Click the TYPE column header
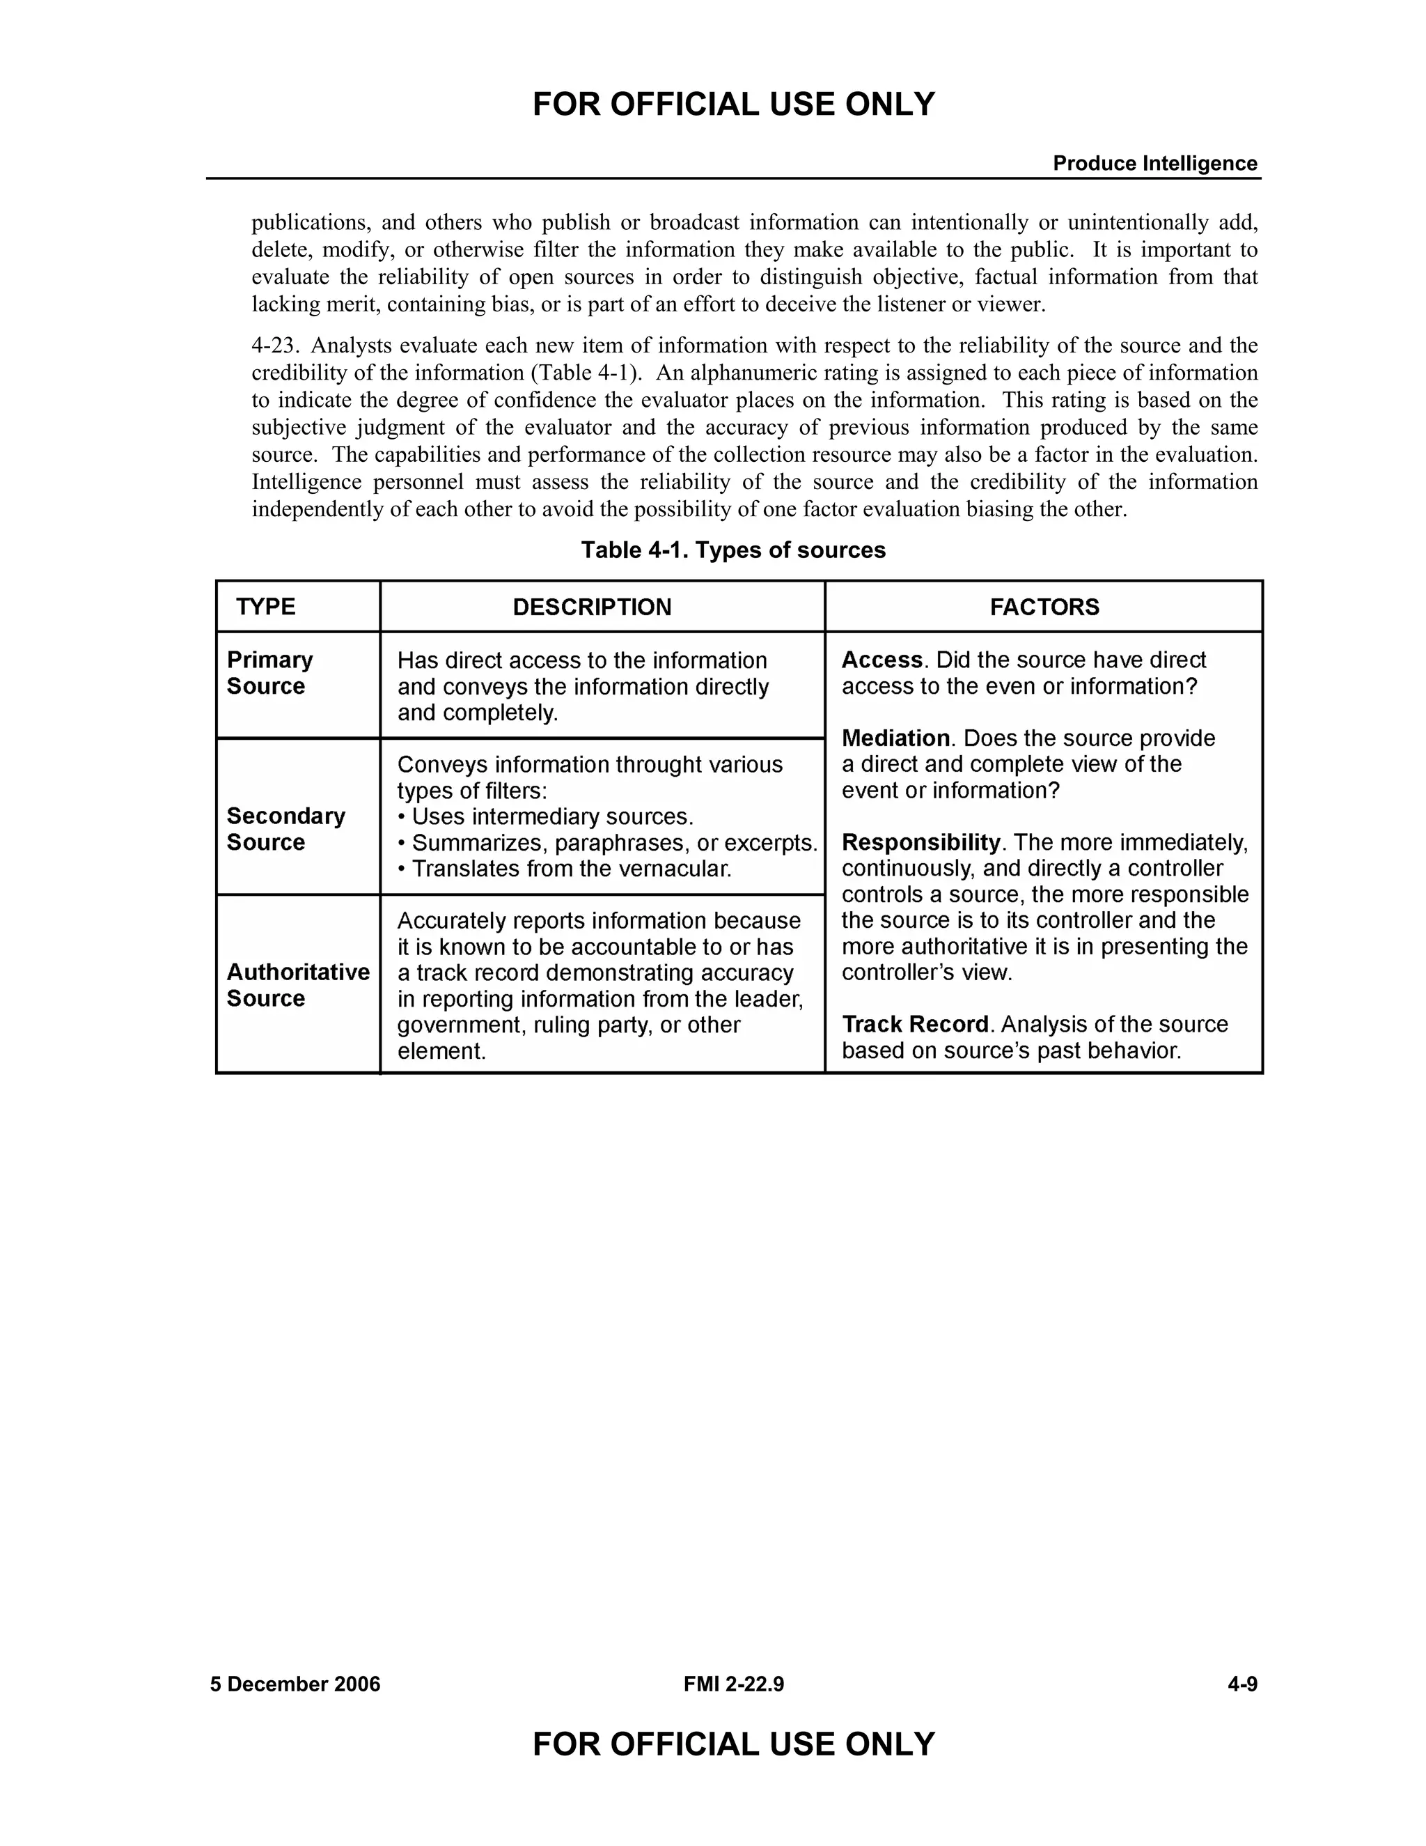tap(265, 607)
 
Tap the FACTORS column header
tap(1044, 607)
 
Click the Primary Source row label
tap(269, 673)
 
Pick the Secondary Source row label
tap(285, 829)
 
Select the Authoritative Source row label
tap(297, 986)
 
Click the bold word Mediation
tap(895, 738)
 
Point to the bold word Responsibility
tap(920, 843)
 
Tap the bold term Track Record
tap(914, 1025)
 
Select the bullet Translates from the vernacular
tap(564, 869)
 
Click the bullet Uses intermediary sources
tap(546, 816)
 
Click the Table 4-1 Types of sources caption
tap(733, 550)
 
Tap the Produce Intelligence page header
tap(1154, 163)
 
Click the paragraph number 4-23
tap(276, 346)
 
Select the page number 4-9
tap(1242, 1684)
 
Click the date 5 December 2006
tap(295, 1684)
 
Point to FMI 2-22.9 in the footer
tap(733, 1684)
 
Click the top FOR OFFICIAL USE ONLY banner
tap(733, 104)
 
